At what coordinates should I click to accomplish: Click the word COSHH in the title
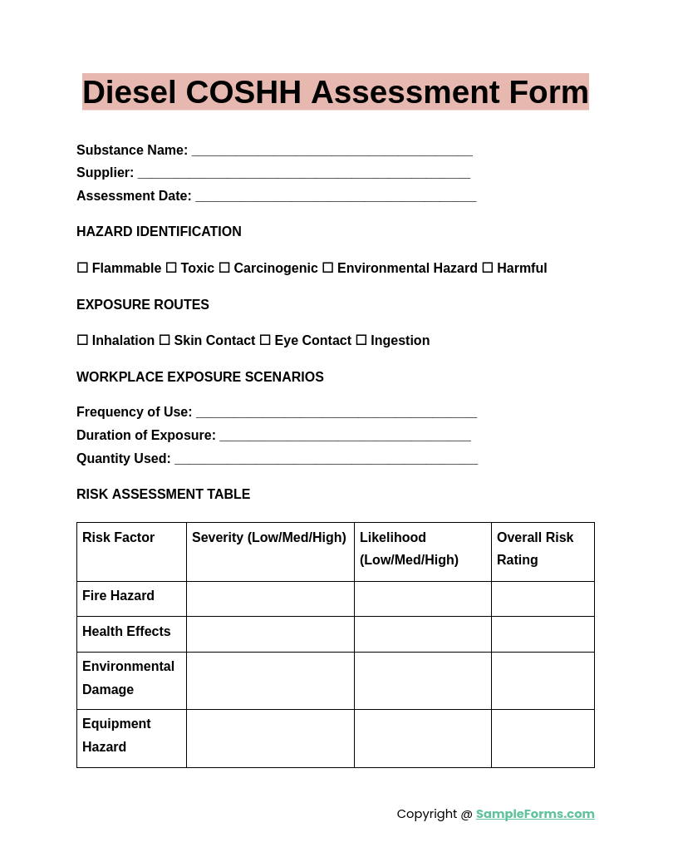tap(243, 92)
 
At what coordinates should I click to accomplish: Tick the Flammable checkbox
tap(82, 268)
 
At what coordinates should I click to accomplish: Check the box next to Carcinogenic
tap(224, 268)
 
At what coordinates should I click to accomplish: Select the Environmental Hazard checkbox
tap(327, 268)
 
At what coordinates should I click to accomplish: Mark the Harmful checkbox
tap(488, 268)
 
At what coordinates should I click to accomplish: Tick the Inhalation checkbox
tap(82, 340)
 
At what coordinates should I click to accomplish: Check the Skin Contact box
tap(165, 340)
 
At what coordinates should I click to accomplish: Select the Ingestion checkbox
tap(361, 340)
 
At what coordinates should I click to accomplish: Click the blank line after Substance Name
tap(332, 151)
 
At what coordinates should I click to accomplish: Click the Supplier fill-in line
tap(303, 174)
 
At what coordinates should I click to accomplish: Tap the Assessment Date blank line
tap(336, 197)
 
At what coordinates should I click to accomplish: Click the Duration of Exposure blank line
tap(345, 436)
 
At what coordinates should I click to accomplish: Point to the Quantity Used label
tap(123, 458)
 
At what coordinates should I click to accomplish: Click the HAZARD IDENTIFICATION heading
tap(159, 232)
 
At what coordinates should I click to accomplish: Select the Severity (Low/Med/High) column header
tap(269, 538)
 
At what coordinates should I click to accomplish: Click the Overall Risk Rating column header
tap(535, 549)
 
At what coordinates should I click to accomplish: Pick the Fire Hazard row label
tap(118, 596)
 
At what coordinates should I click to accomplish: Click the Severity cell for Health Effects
tap(270, 633)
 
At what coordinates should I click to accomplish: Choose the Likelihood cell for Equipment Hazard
tap(422, 738)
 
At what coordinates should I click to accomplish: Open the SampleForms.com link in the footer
tap(535, 814)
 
